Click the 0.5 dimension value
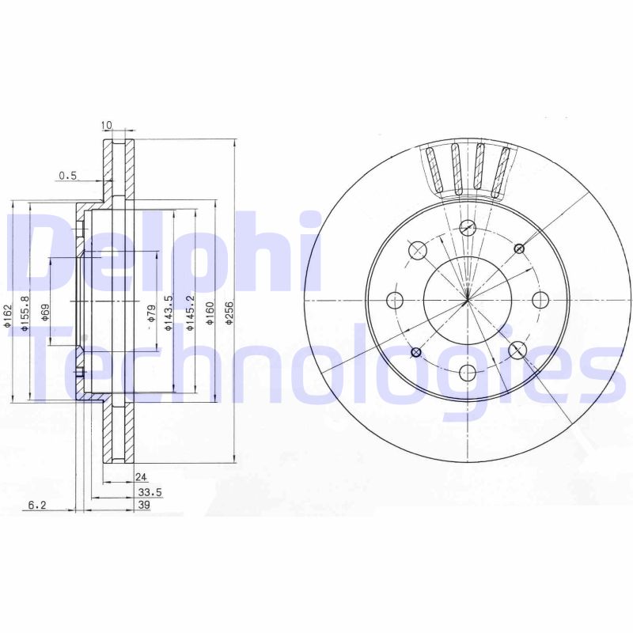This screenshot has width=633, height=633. (x=66, y=176)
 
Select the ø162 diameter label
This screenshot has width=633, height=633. (x=8, y=316)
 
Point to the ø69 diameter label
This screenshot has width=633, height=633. (x=45, y=310)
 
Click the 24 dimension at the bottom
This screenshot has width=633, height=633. (x=141, y=477)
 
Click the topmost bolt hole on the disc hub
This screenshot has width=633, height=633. (x=468, y=227)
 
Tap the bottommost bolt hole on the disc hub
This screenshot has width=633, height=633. (x=468, y=373)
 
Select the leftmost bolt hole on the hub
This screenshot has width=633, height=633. (x=395, y=300)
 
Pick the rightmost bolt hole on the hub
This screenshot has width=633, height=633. (x=540, y=300)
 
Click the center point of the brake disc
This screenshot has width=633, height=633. (x=468, y=300)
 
